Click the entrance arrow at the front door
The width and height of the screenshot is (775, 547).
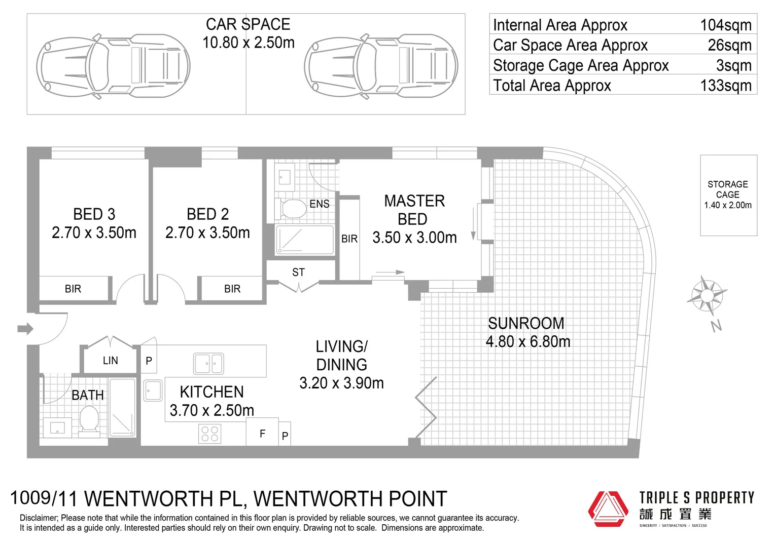click(25, 329)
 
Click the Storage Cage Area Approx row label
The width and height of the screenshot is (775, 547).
click(580, 65)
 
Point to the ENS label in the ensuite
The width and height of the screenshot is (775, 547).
click(319, 204)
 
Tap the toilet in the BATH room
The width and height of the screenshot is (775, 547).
click(89, 419)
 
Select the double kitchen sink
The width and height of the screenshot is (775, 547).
click(208, 363)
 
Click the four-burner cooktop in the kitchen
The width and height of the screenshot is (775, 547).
click(209, 434)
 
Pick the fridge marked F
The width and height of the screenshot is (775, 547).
click(262, 433)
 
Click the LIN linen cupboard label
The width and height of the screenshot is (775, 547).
click(110, 361)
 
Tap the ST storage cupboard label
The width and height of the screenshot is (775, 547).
click(298, 272)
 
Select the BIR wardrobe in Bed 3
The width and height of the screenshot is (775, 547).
click(73, 289)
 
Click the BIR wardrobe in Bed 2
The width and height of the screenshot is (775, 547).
click(232, 289)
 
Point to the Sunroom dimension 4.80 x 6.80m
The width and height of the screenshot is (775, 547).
click(527, 342)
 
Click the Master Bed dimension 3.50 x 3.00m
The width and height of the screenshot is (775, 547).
click(414, 238)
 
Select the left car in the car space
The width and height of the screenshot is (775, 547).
click(113, 66)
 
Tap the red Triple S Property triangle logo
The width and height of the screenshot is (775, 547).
click(608, 509)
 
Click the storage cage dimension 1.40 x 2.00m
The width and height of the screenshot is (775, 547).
click(727, 205)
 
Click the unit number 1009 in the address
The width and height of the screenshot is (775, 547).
click(30, 498)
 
